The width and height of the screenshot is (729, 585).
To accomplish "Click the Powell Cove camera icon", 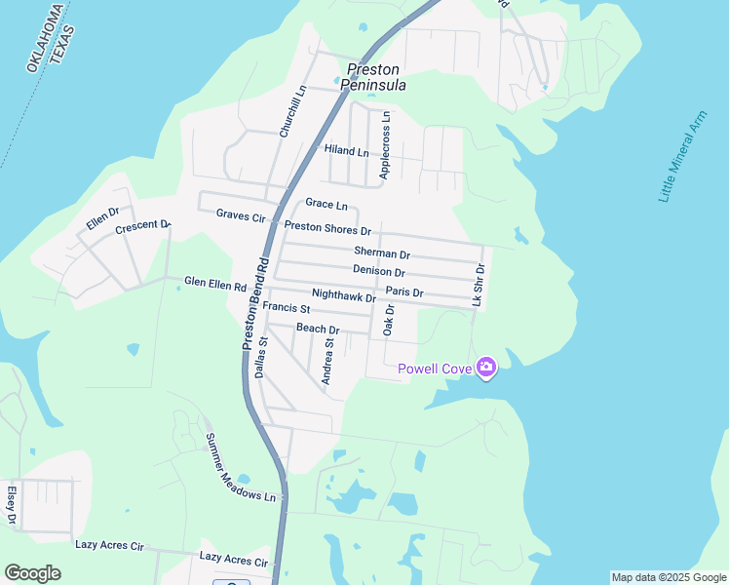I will [x=486, y=368].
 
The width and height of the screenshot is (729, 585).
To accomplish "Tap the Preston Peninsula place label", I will [x=372, y=77].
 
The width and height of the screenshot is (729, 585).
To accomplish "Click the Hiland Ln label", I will [x=347, y=152].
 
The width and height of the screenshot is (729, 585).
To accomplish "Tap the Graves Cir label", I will [x=241, y=214].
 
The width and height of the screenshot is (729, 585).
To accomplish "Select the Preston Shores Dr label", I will [x=327, y=230].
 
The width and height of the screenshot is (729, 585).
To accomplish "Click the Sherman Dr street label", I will [x=381, y=253].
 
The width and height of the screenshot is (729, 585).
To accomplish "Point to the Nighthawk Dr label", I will [x=343, y=295].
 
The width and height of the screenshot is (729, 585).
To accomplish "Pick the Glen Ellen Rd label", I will [x=215, y=284].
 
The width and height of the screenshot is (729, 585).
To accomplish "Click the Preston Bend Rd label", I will [x=255, y=303].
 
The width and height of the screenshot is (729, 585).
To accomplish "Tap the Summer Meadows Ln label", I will [x=240, y=467].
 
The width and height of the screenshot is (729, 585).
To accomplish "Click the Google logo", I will [x=32, y=573].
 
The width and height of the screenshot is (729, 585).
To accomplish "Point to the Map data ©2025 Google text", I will [x=668, y=577].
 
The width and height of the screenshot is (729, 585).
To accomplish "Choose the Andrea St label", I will [x=329, y=362].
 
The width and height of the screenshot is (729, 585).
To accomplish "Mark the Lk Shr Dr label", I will [x=478, y=286].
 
